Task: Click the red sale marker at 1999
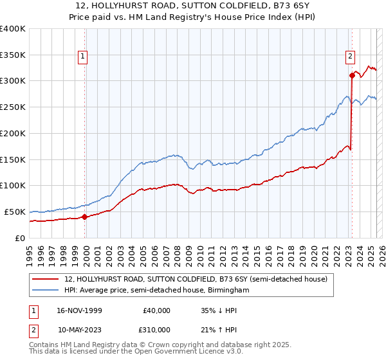[x=85, y=217]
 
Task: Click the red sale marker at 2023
[x=352, y=75]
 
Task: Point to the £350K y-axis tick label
[x=12, y=55]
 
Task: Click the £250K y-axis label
[x=12, y=107]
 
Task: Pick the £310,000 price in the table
[x=152, y=329]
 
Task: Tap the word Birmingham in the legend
[x=228, y=291]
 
